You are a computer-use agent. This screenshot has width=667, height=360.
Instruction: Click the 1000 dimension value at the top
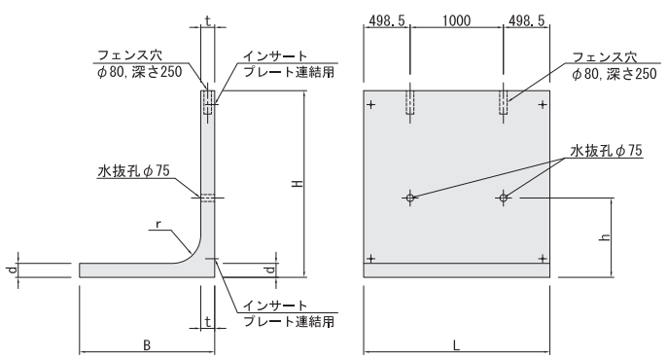(456, 20)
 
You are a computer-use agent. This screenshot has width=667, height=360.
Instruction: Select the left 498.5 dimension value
(387, 20)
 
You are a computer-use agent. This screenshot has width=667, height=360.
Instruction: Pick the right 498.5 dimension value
(526, 20)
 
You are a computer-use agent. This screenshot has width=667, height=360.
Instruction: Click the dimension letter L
(456, 345)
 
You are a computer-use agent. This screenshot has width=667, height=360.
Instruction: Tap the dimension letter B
(147, 345)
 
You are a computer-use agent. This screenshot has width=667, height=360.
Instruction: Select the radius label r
(158, 224)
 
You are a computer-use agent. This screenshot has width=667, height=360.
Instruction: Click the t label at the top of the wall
(208, 20)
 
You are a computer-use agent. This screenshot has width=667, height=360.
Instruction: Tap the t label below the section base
(208, 322)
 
